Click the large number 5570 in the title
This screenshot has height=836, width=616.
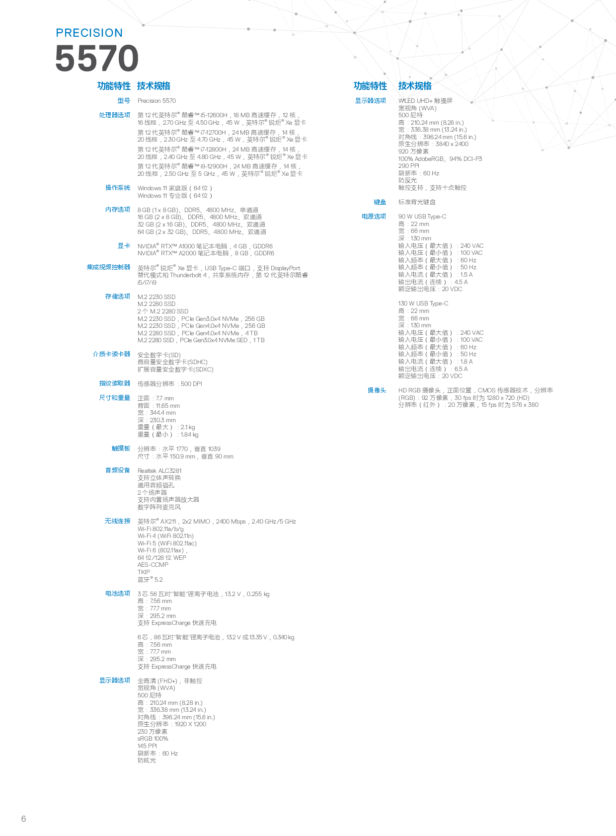97,59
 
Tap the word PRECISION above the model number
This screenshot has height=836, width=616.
89,33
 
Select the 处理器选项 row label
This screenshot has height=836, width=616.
115,115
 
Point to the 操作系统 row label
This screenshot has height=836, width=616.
118,188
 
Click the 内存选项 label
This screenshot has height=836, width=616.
118,210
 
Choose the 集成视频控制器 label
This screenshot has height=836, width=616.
109,267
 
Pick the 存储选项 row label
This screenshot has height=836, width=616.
118,297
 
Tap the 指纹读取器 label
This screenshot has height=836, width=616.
115,383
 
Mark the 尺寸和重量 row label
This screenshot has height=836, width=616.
115,398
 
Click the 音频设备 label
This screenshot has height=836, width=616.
118,470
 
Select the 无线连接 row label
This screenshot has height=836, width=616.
118,521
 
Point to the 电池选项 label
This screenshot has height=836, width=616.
118,594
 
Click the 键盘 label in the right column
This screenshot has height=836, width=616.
380,202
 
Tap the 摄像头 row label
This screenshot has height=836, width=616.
377,390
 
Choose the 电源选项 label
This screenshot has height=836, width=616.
374,217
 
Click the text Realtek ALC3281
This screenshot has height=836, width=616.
159,471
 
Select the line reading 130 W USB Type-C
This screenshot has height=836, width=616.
423,304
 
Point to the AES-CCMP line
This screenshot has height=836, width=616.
153,565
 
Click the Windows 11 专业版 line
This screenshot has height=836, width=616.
175,196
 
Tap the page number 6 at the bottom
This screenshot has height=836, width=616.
23,819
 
